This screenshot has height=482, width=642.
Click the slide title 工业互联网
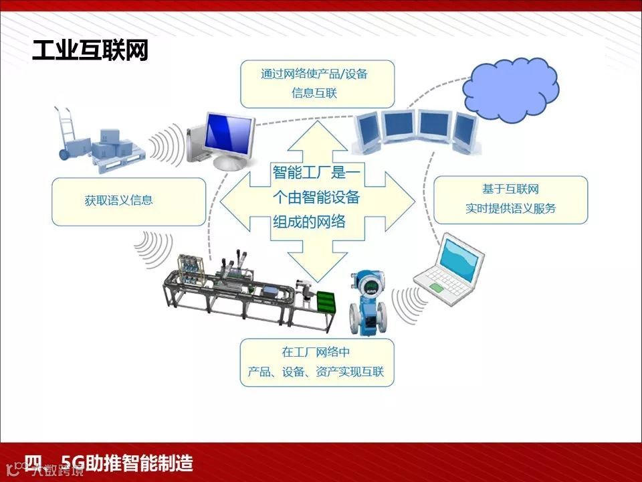tap(90, 51)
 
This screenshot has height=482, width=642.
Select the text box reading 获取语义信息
tap(128, 201)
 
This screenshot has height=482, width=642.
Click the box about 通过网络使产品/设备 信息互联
tap(316, 84)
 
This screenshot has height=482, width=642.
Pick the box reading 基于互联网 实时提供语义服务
tap(510, 199)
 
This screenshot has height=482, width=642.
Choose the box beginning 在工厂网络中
tap(316, 362)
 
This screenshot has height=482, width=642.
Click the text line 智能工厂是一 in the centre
tap(316, 173)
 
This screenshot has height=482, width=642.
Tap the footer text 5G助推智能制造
tap(127, 463)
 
